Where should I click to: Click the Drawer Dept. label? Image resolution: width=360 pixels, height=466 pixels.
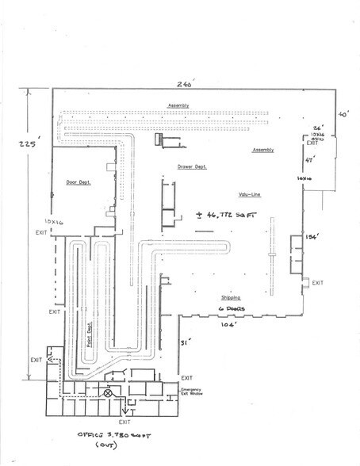click(x=193, y=166)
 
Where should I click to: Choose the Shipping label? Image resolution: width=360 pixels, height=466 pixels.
click(x=231, y=296)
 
